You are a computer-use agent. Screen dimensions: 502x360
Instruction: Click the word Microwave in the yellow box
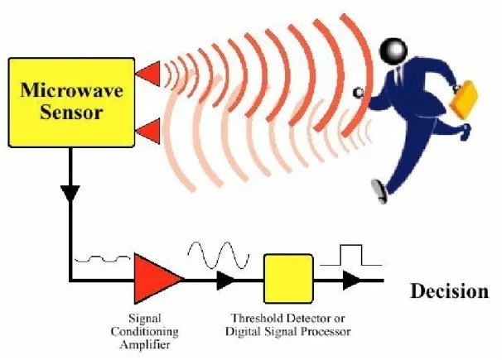point(71,90)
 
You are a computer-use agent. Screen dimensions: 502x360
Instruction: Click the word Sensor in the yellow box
point(71,113)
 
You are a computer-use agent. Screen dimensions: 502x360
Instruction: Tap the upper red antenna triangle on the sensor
point(148,74)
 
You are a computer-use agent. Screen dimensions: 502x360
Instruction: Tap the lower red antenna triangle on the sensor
point(148,131)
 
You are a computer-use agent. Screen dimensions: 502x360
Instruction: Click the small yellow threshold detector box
point(288,278)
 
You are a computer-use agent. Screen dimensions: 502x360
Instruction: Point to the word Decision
point(450,291)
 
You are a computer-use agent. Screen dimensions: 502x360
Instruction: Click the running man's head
point(393,51)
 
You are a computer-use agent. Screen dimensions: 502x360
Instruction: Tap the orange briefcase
point(464,98)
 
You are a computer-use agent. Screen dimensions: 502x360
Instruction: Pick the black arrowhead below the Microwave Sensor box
point(70,194)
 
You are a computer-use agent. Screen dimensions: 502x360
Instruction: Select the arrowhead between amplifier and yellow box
point(225,280)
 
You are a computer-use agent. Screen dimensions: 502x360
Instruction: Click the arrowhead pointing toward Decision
point(351,280)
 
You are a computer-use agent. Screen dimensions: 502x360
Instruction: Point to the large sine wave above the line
point(219,255)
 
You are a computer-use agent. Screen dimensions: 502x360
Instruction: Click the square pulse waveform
point(351,255)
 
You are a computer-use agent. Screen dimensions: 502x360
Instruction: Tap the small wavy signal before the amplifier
point(103,259)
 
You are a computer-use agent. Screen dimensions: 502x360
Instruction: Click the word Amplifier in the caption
point(145,344)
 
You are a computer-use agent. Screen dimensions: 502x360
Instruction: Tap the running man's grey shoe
point(379,191)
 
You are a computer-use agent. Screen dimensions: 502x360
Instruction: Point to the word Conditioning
point(144,332)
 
